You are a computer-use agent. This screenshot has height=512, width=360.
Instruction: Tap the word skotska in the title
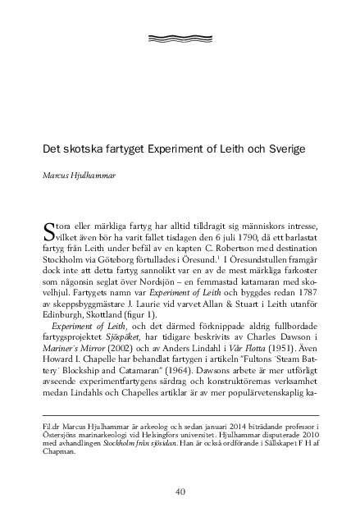80,151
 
